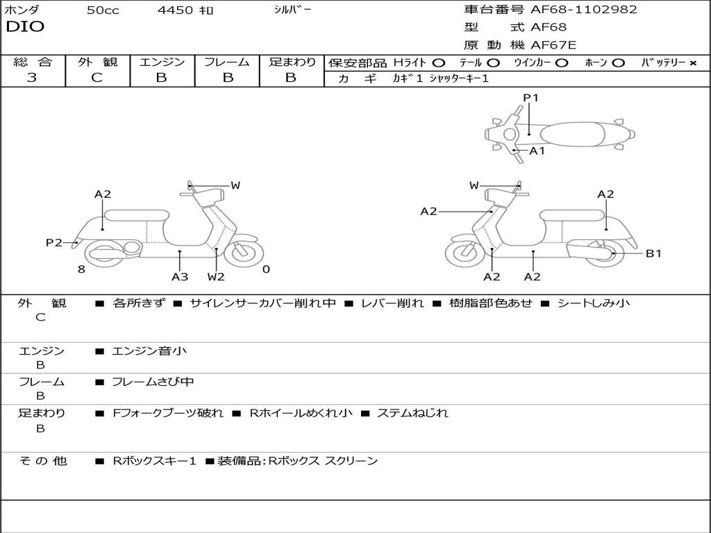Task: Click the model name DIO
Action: tap(25, 27)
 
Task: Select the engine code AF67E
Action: tap(553, 46)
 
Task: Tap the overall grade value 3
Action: tap(32, 78)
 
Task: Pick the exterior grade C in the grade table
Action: tap(97, 78)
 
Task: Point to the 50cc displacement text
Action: tap(101, 10)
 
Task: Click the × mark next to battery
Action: tap(693, 62)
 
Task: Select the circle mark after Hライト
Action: tap(440, 62)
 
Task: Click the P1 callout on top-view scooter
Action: tap(531, 98)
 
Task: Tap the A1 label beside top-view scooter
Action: tap(537, 151)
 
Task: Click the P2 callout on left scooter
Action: tap(54, 242)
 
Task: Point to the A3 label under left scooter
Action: tap(180, 277)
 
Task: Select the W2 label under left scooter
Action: tap(216, 277)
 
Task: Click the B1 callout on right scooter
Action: tap(653, 253)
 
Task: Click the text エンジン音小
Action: tap(149, 351)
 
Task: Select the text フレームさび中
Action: tap(153, 382)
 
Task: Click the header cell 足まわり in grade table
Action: tap(292, 62)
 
